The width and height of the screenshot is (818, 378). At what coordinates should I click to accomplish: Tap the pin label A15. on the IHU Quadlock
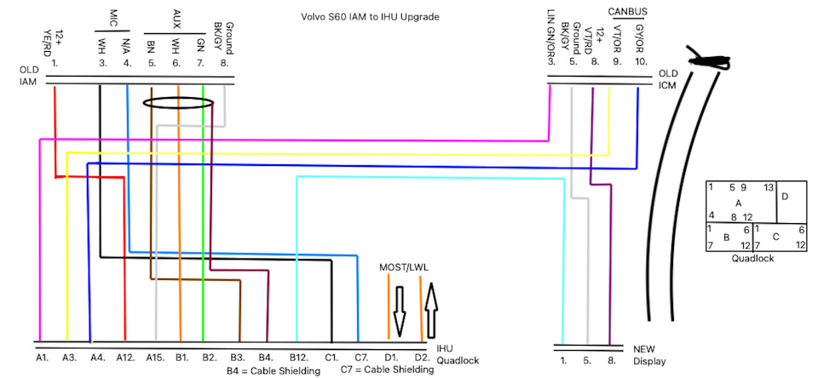(155, 358)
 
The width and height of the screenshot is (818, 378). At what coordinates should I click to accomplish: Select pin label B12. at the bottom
(298, 358)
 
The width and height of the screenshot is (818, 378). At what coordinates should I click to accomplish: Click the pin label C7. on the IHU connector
(360, 358)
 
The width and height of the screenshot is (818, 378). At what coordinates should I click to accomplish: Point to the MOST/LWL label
(403, 267)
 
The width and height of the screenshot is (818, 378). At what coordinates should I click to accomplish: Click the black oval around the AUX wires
(177, 104)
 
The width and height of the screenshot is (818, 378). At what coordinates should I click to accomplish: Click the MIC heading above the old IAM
(114, 17)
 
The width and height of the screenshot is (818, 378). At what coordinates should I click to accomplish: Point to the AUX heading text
(176, 17)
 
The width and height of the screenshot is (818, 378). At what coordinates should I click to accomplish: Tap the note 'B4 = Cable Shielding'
(273, 371)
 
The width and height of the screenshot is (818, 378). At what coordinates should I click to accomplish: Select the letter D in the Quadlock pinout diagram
(785, 197)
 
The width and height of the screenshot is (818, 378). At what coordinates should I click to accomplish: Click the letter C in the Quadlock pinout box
(775, 236)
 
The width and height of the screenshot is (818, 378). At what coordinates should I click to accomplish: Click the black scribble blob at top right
(710, 61)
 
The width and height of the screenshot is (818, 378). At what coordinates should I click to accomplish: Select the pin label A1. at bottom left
(42, 358)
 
